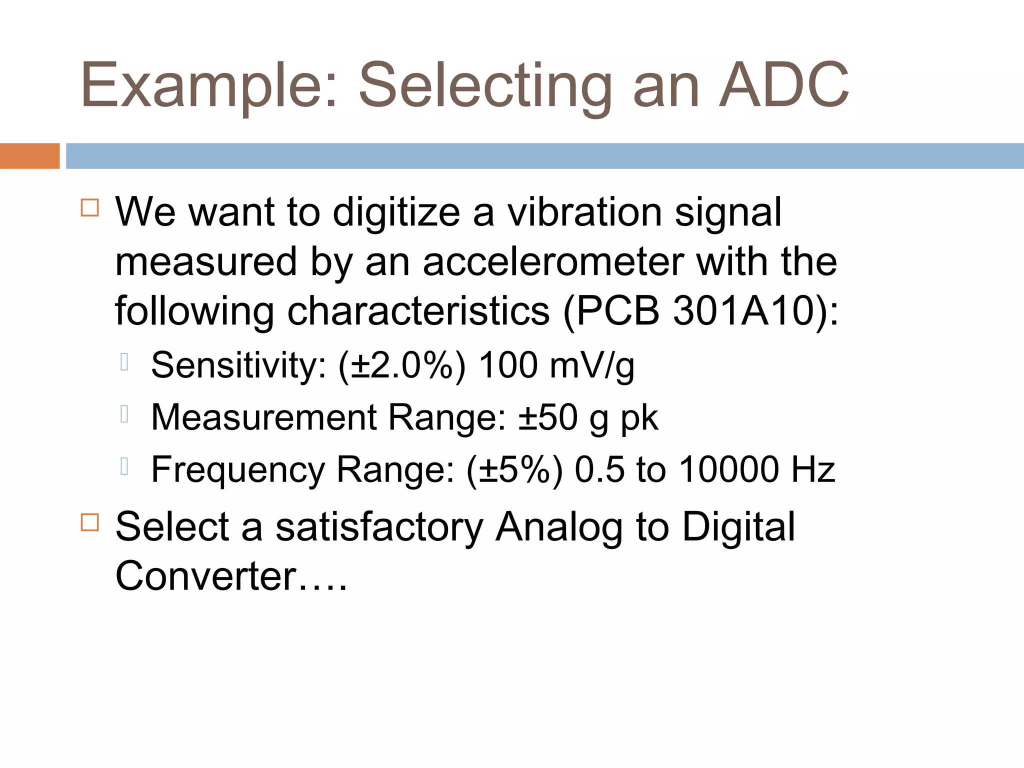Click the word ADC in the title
pyautogui.click(x=783, y=85)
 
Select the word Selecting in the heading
pyautogui.click(x=485, y=85)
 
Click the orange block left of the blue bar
pyautogui.click(x=29, y=156)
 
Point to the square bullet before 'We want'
pyautogui.click(x=90, y=207)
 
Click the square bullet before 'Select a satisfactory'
pyautogui.click(x=90, y=522)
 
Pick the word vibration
pyautogui.click(x=584, y=212)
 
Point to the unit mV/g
pyautogui.click(x=592, y=366)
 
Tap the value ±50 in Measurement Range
pyautogui.click(x=547, y=417)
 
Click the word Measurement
pyautogui.click(x=264, y=417)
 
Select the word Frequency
pyautogui.click(x=238, y=470)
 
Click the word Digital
pyautogui.click(x=738, y=527)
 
